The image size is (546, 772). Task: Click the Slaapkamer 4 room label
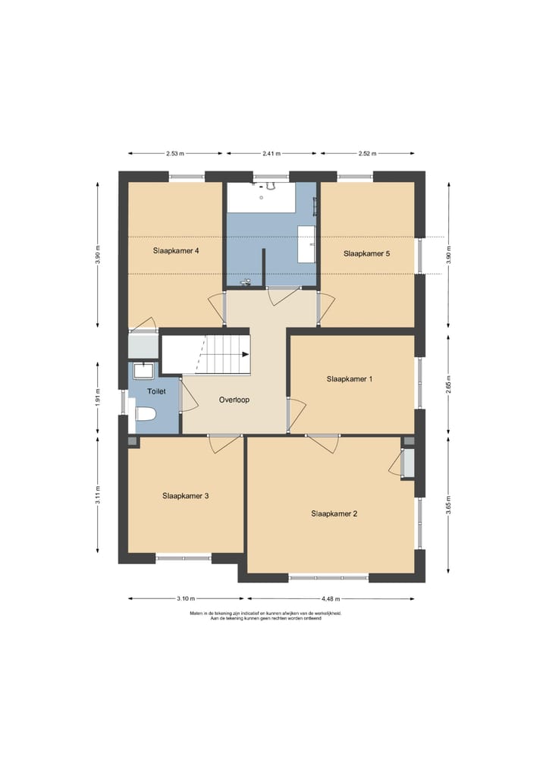click(175, 250)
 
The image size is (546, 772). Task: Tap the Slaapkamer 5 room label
click(366, 253)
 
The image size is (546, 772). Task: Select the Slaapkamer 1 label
click(350, 378)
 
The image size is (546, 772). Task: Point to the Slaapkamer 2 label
click(334, 513)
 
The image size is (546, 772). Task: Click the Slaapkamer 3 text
click(185, 496)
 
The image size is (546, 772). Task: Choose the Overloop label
click(234, 400)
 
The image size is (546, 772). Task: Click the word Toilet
click(156, 392)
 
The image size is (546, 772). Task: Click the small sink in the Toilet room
click(142, 370)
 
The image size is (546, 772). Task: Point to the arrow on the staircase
click(244, 353)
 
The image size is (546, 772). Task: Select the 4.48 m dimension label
click(330, 598)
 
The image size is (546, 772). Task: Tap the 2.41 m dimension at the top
click(271, 153)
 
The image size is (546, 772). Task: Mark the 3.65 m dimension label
click(449, 505)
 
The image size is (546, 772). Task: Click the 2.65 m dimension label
click(449, 383)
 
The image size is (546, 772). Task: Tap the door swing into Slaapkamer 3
click(222, 444)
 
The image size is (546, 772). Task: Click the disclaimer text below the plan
click(265, 616)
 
